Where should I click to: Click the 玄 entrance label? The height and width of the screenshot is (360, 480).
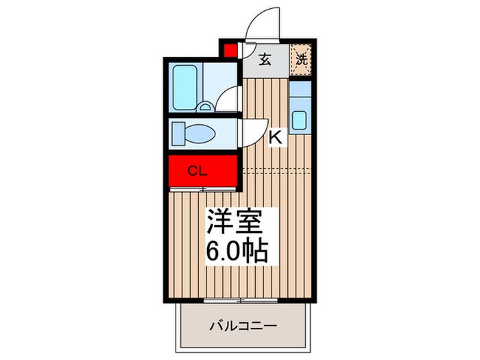pos(265,58)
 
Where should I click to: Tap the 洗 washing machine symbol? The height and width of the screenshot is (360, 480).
pos(302,58)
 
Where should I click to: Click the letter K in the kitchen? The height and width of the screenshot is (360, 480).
pos(276,137)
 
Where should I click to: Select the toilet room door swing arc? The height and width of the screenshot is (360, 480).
pos(254,130)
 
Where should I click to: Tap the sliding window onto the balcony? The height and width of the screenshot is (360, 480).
pos(240,300)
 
